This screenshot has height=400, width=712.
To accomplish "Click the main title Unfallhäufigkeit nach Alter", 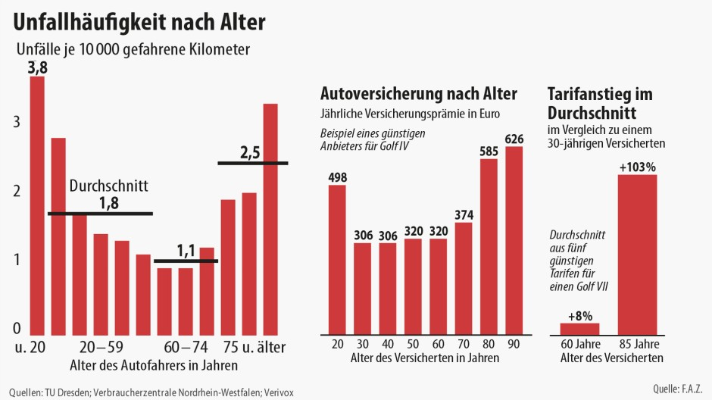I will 139,21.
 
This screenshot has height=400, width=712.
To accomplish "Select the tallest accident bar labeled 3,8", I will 37,205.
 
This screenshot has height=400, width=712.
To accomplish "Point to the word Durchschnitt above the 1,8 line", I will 108,186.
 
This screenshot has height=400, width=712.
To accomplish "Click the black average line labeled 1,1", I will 186,261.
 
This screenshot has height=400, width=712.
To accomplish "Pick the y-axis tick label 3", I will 17,123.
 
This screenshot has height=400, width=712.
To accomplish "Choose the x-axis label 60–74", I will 186,348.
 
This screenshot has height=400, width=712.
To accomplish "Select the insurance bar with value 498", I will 337,258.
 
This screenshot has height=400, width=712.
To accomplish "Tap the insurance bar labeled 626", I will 514,239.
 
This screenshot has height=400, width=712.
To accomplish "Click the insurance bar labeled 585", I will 489,245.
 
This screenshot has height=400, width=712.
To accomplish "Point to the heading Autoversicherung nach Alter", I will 419,94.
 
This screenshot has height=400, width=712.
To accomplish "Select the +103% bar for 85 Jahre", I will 637,254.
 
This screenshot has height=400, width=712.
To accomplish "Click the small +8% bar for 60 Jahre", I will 579,328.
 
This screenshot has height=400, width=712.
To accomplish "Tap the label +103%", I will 637,167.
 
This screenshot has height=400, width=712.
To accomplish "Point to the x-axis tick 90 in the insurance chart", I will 514,344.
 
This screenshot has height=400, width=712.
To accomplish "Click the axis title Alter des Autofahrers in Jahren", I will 153,365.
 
